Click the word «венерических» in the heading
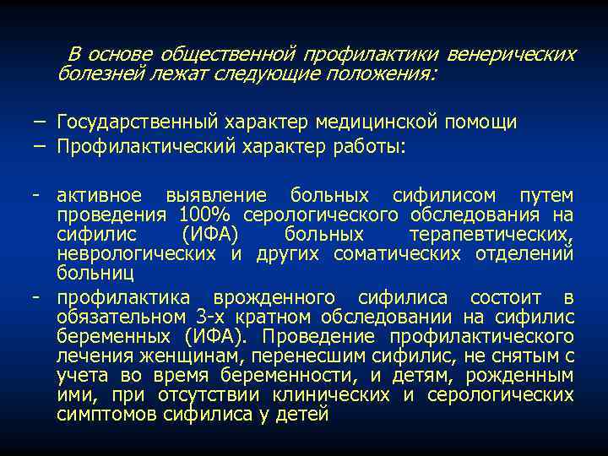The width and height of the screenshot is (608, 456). tap(511, 55)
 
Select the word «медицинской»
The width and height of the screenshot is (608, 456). tap(380, 122)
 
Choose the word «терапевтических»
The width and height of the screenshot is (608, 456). tap(491, 234)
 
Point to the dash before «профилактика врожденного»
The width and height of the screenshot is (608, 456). tap(36, 297)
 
